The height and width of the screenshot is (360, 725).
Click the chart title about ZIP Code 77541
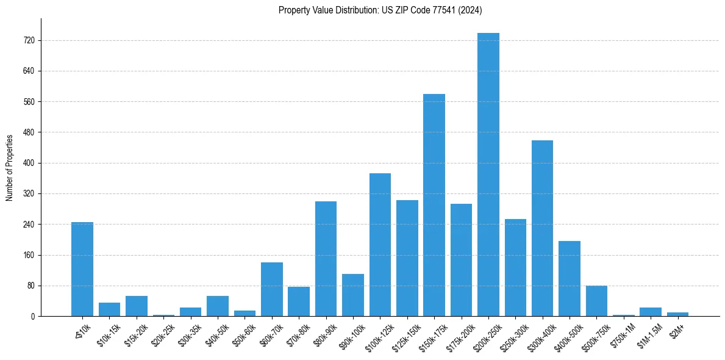380,10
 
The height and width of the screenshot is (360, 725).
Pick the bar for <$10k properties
82,269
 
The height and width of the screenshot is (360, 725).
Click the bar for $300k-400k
542,228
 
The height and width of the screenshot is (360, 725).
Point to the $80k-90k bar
326,259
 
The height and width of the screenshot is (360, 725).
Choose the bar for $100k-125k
380,245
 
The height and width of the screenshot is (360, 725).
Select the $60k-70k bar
272,289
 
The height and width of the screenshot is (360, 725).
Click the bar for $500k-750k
596,301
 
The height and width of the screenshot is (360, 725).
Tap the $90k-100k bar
353,295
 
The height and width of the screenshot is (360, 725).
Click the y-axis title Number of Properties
9,167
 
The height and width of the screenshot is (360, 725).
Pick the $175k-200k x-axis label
458,334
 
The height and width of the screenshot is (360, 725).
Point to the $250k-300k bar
515,267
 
